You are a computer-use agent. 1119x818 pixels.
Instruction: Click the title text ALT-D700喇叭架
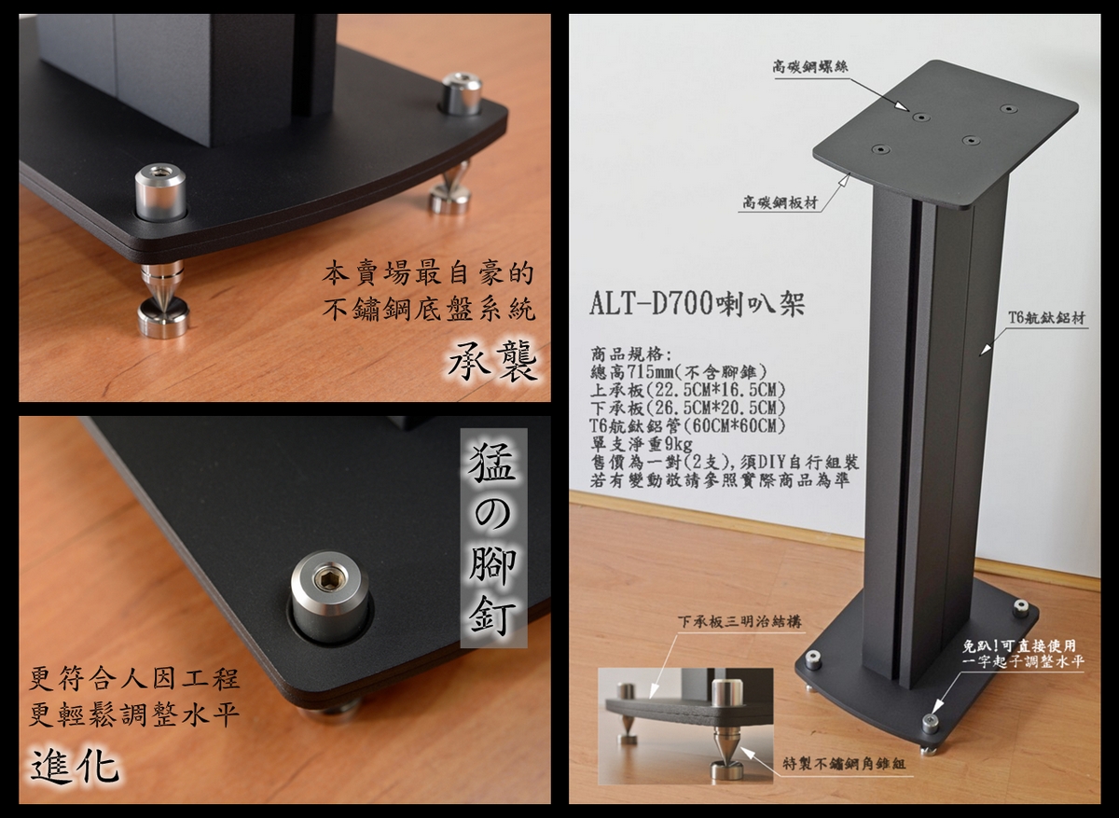pos(697,304)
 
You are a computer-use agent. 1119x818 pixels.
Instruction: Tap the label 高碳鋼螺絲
pos(809,67)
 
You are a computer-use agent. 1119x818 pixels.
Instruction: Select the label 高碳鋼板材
pos(780,202)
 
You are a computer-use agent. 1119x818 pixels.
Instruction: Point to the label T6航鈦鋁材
pos(1046,318)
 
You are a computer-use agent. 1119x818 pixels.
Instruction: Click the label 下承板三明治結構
pos(739,621)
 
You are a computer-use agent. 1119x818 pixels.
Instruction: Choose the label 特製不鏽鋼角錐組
pos(844,764)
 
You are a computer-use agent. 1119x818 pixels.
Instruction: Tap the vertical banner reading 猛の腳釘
pos(493,538)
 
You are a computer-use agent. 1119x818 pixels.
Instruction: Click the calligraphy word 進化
pos(75,768)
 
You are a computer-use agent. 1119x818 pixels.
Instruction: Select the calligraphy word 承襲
pos(492,361)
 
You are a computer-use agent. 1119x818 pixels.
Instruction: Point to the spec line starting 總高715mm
pos(678,372)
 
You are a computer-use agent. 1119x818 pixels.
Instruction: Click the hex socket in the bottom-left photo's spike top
pos(325,579)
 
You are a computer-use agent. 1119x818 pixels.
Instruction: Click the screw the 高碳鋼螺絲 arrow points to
pos(920,118)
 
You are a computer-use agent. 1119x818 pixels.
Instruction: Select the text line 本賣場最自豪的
pos(428,274)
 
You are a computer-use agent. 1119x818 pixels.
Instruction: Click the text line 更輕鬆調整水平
pos(134,715)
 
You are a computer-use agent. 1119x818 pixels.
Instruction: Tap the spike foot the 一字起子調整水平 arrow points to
pos(930,724)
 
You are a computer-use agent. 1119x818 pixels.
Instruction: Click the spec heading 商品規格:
pos(631,354)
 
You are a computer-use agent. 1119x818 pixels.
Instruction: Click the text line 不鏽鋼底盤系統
pos(428,310)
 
